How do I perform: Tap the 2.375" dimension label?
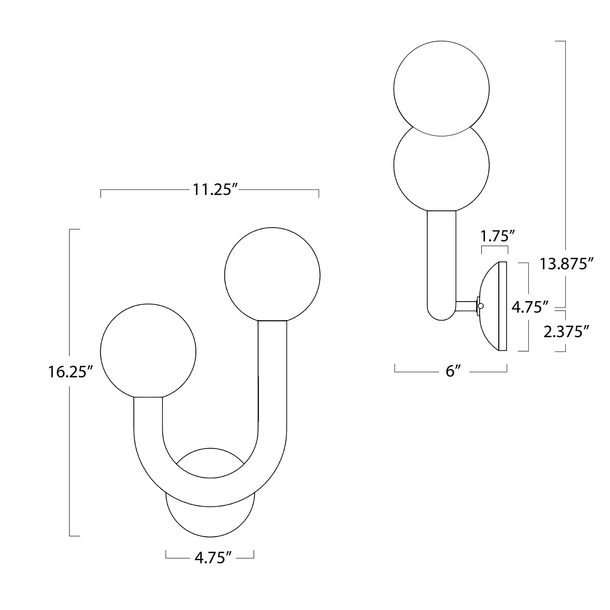point(563,332)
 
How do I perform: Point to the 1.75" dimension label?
point(495,237)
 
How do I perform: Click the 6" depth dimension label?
point(451,371)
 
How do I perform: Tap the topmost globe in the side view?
point(441,88)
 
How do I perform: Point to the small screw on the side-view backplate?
point(481,306)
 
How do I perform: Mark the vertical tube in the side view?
point(441,259)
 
